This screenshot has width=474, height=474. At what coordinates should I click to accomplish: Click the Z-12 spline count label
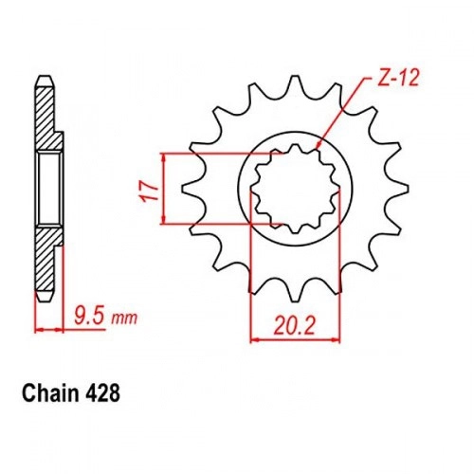point(398,78)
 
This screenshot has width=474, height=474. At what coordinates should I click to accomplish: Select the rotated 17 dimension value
point(146,191)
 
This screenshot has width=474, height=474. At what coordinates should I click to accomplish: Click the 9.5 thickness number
point(89,316)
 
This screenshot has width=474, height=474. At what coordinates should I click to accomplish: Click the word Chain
point(50,393)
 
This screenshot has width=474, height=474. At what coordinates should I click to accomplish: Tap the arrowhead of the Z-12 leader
point(319,144)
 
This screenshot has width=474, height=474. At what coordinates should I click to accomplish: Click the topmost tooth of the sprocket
point(295,83)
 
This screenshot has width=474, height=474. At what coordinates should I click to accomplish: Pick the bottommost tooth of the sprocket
point(295,292)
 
